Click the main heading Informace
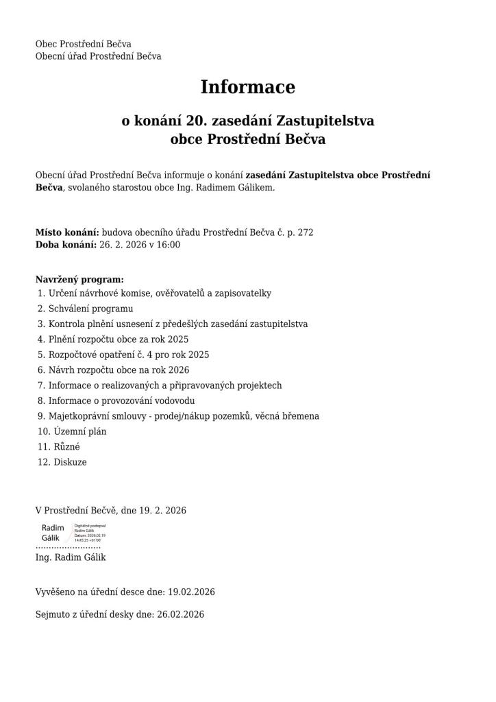coord(247,88)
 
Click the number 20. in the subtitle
coord(197,121)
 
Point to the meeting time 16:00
coord(169,245)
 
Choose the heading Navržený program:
coord(79,280)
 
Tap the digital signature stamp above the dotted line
coord(73,533)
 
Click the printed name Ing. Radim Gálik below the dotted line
coord(71,557)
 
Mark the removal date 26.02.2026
coord(180,614)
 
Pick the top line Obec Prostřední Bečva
coord(84,45)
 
